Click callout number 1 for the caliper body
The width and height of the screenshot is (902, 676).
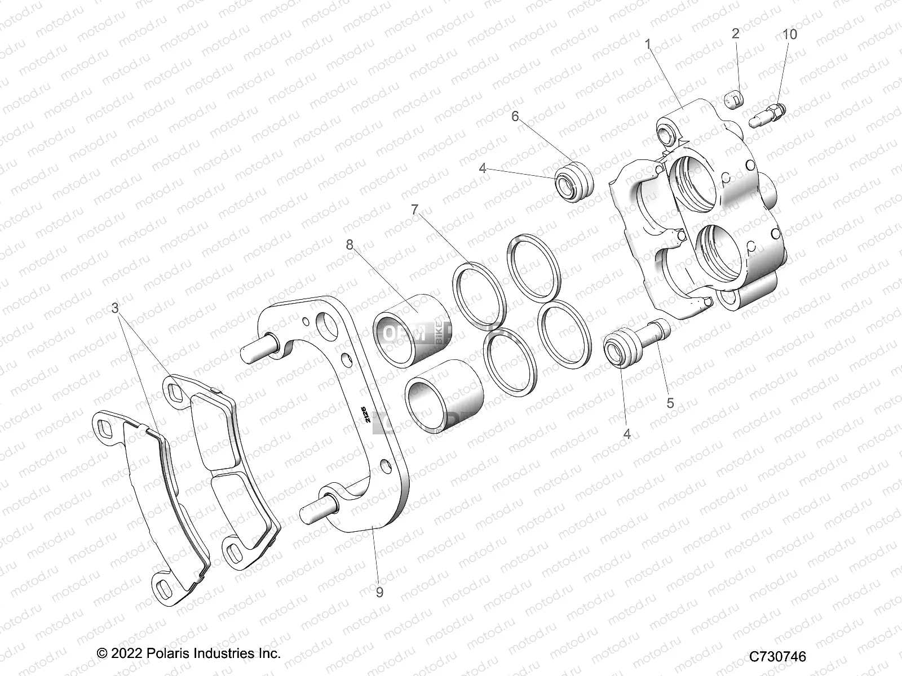648,44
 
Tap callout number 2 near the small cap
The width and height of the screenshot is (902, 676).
735,34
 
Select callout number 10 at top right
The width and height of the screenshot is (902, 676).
790,34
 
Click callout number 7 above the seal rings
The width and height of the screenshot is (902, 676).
415,210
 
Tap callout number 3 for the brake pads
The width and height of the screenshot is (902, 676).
115,308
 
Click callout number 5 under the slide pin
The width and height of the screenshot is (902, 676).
670,403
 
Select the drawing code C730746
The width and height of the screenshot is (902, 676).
777,656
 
